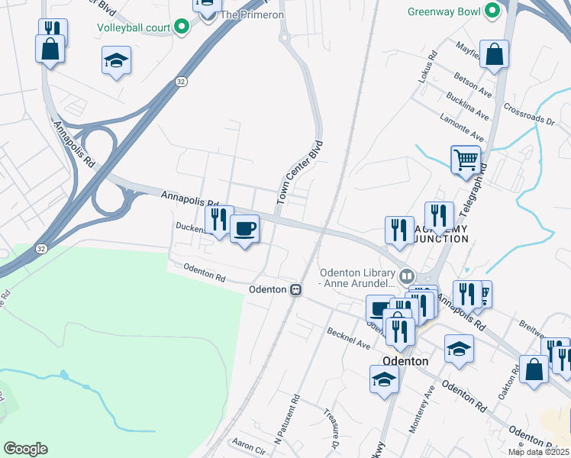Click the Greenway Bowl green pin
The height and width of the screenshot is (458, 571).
pos(492,12)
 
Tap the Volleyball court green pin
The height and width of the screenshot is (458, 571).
pos(182,28)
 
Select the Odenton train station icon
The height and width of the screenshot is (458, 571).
pos(295,290)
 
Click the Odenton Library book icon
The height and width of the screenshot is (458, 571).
pos(407,275)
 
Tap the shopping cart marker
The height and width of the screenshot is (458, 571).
pos(466,160)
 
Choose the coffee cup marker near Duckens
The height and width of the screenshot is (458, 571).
pos(244,229)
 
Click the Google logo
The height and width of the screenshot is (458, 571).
pos(25,449)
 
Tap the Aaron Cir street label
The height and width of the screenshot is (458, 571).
pos(247,444)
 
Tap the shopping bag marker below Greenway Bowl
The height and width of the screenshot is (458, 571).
pos(495,55)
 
